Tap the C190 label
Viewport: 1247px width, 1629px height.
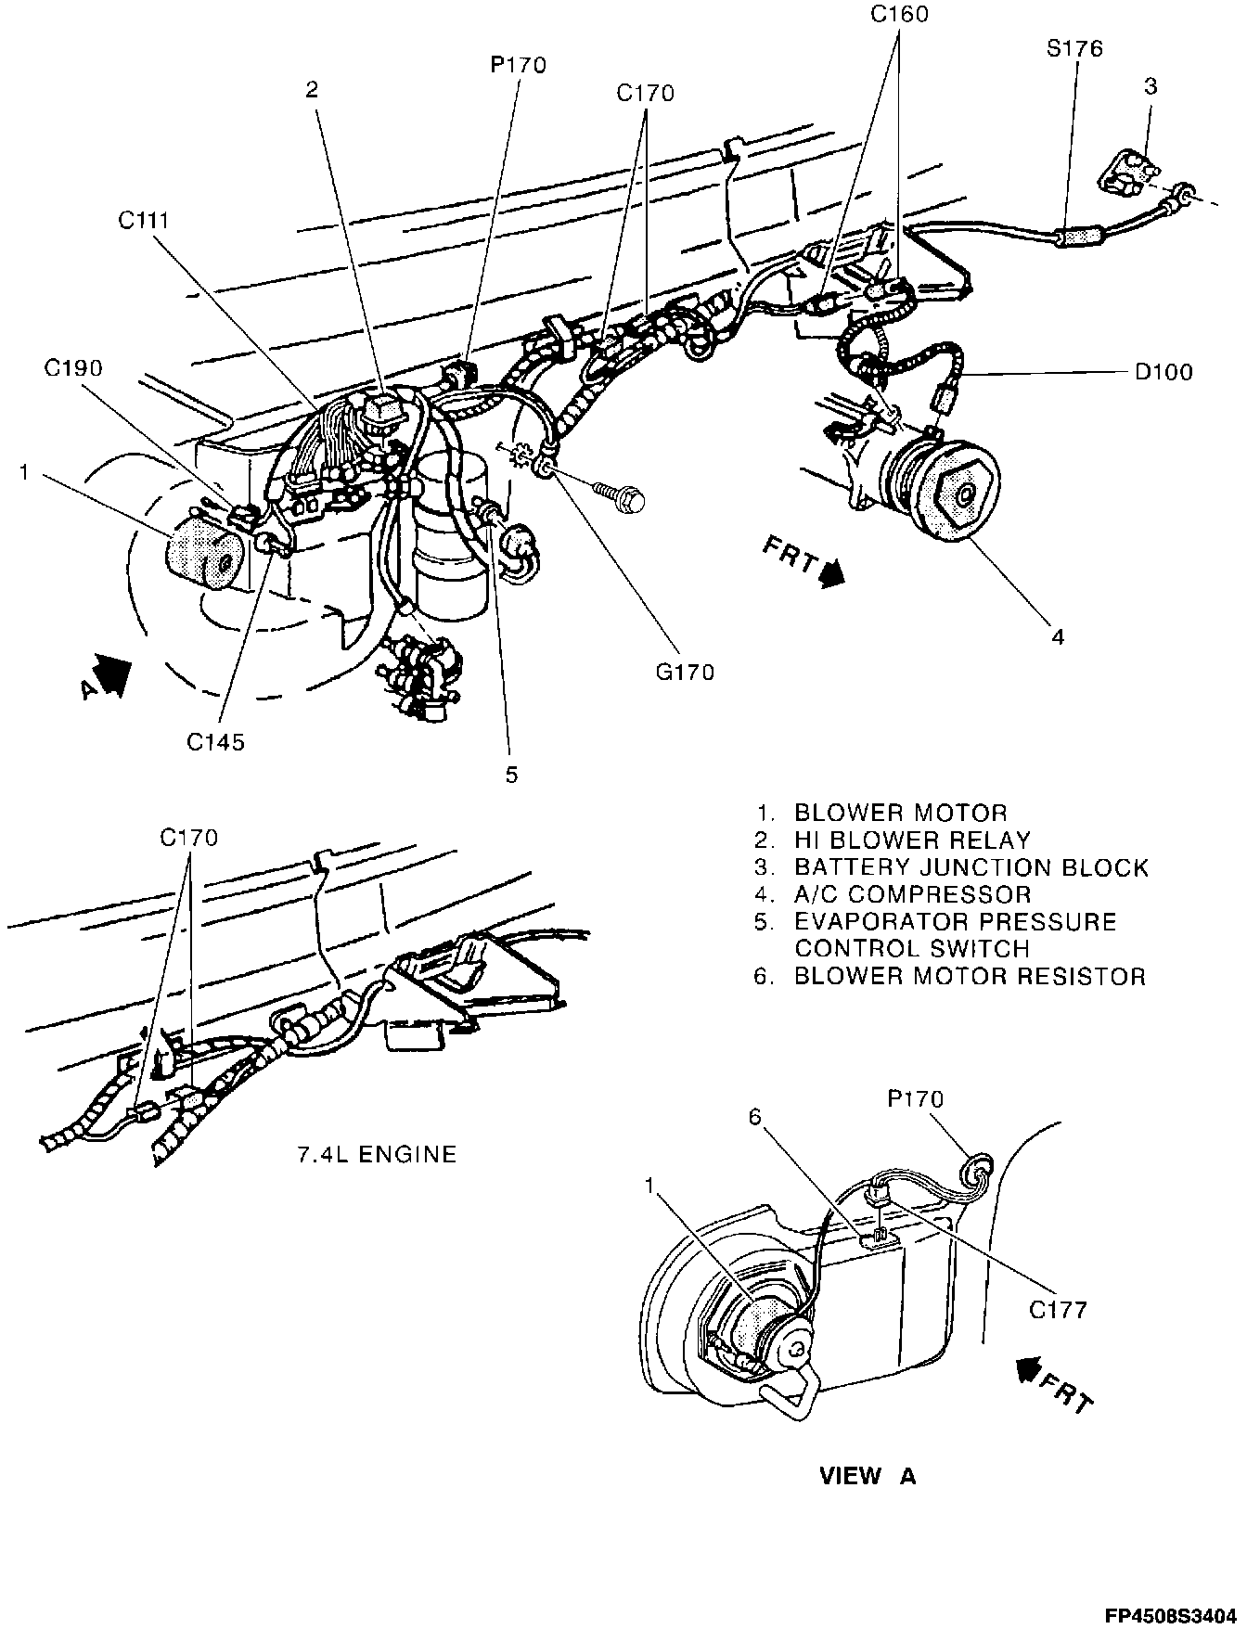73,368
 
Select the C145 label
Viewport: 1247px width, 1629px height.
215,741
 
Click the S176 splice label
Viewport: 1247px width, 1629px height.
1074,48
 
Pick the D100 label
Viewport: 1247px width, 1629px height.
1163,372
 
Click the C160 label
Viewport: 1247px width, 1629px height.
898,14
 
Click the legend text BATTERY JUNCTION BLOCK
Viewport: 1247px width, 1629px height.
971,868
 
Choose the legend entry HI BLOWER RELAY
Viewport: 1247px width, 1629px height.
912,840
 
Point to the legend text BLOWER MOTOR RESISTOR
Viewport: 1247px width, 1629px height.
970,976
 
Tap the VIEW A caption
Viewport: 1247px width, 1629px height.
868,1477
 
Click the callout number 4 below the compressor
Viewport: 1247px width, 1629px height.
1057,636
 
